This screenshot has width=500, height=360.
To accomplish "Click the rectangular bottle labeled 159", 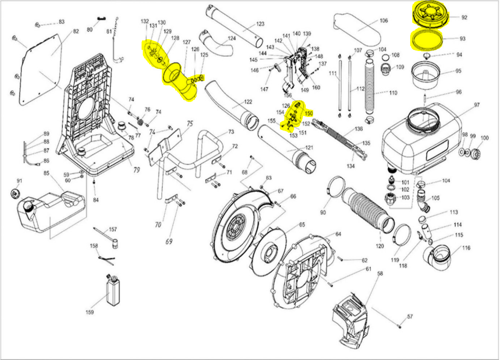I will click(113, 291).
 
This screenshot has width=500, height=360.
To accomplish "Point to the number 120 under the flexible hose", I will click(380, 246).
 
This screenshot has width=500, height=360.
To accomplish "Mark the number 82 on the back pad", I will click(76, 32).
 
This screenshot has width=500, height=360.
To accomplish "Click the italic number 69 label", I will click(169, 242).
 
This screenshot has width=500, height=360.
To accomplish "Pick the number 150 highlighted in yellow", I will click(309, 114).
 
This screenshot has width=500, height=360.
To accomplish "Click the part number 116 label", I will click(466, 248).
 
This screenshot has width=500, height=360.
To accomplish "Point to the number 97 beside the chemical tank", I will click(477, 105).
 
